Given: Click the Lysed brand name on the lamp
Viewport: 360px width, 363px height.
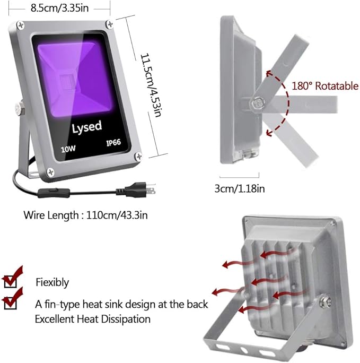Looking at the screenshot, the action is pos(87,127).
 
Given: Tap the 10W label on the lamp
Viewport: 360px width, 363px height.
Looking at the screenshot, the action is pos(68,149).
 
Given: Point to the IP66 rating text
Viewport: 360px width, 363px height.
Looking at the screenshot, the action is pos(113,142).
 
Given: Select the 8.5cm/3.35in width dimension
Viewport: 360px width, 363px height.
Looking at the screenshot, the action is pos(60,8).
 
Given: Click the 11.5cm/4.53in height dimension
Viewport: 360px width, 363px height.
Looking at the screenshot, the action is pos(150,85).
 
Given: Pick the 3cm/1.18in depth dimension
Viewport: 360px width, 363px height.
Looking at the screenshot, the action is pos(240,188).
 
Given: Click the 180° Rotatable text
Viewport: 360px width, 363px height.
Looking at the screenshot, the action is pos(325,85).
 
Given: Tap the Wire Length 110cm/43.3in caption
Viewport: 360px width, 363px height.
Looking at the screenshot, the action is pos(85,215).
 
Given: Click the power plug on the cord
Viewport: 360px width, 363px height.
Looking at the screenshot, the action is pos(136,191).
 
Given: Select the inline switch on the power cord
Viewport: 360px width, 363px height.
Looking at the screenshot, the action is pos(54,193).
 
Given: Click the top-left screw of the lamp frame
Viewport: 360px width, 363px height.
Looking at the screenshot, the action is pos(21,25).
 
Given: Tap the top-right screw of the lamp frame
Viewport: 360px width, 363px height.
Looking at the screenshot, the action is pos(110,24).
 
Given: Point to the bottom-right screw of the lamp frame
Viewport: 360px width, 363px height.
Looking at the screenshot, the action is pos(138,157).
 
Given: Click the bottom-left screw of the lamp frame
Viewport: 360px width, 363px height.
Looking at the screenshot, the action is pos(50,172).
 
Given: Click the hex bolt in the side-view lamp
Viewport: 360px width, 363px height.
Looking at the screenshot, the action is pos(257,102).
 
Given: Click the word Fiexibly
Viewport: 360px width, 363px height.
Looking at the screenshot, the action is pos(52,282).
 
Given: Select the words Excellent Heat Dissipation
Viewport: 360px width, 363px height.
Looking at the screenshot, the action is pos(93,319).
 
